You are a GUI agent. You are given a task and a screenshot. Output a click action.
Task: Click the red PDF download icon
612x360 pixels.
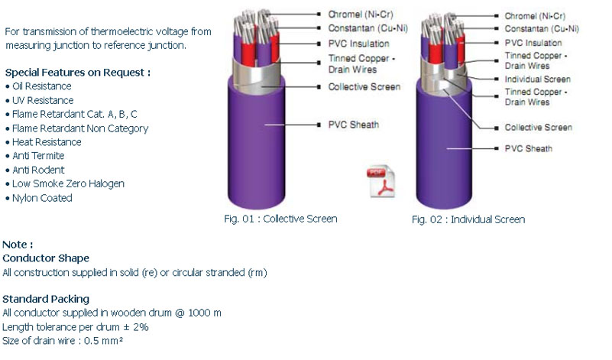pyautogui.click(x=380, y=183)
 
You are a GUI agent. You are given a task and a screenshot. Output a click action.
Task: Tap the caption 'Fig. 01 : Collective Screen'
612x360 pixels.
pyautogui.click(x=280, y=219)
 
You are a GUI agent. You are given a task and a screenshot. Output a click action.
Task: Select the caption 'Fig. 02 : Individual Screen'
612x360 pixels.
pyautogui.click(x=468, y=219)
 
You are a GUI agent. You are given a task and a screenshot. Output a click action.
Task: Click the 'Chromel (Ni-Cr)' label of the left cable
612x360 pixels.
pyautogui.click(x=361, y=15)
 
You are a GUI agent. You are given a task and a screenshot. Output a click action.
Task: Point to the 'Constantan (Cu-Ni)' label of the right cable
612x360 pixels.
pyautogui.click(x=542, y=29)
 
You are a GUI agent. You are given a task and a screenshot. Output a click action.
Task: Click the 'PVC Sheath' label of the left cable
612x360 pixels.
pyautogui.click(x=354, y=125)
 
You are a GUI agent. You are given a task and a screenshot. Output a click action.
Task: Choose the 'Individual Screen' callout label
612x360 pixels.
pyautogui.click(x=537, y=79)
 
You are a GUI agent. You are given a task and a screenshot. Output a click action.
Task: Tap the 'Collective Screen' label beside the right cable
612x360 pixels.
pyautogui.click(x=538, y=128)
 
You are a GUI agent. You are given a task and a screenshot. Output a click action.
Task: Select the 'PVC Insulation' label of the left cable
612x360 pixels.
pyautogui.click(x=358, y=44)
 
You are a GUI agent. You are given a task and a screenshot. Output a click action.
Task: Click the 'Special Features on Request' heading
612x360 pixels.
pyautogui.click(x=78, y=73)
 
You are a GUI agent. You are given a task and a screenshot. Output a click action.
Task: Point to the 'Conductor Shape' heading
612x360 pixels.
pyautogui.click(x=46, y=258)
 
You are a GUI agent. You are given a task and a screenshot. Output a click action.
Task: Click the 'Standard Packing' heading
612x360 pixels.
pyautogui.click(x=46, y=299)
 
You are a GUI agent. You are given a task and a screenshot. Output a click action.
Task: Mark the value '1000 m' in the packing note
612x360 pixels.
pyautogui.click(x=205, y=313)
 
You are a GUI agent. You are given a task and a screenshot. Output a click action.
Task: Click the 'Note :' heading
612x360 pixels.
pyautogui.click(x=18, y=245)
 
